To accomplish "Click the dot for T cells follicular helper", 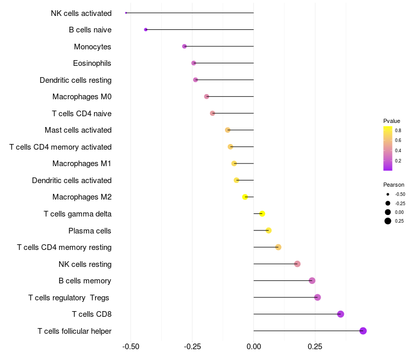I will coord(363,331).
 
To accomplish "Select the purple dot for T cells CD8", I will coord(340,314).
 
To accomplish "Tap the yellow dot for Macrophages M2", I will coord(245,197).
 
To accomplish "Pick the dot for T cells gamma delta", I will coord(262,213).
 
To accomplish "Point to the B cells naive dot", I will coord(146,30).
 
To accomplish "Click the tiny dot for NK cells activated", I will coord(126,13).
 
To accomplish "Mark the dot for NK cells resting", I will coord(297,264).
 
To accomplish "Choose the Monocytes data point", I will coord(184,46).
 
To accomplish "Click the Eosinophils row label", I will coord(92,63).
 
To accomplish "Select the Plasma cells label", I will coord(90,230).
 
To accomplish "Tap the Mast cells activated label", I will coord(78,130).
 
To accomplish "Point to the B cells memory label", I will coord(85,281).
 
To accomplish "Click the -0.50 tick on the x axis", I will coord(131,347).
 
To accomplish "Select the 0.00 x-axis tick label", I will coord(254,347).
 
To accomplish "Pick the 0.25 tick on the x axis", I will coord(315,347).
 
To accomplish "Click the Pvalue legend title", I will coord(391,121).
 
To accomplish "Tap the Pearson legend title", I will coord(394,185).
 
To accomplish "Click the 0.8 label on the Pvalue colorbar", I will coord(398,131).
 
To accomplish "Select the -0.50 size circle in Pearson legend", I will coord(388,194).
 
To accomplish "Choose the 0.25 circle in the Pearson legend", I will coord(388,221).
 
